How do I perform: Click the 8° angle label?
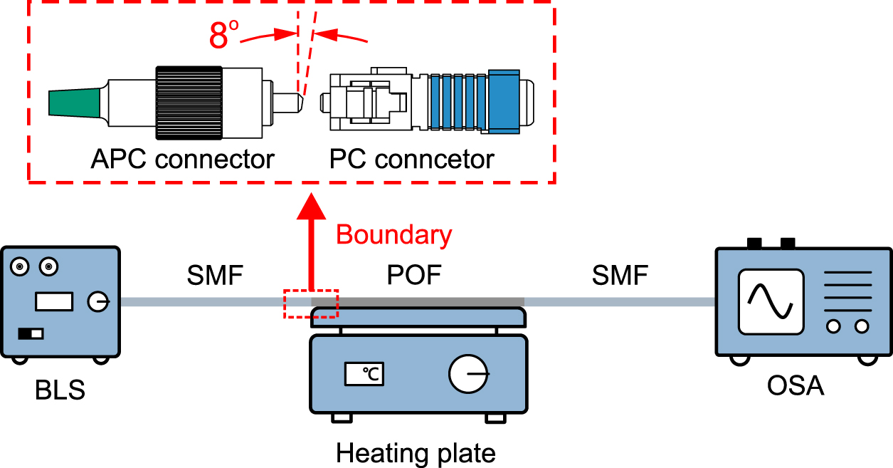coord(223,36)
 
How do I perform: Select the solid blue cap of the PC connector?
coord(504,101)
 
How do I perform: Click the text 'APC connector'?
coord(182,159)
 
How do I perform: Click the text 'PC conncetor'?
coord(411,159)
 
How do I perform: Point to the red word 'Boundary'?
coord(393,235)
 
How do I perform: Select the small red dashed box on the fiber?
coord(311,303)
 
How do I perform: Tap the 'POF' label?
coord(413,276)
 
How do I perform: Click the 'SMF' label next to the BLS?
coord(215,276)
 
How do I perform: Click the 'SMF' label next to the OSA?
coord(620,276)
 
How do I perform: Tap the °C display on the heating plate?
coord(364,373)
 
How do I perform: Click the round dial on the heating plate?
coord(469,373)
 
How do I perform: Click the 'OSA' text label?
coord(795,386)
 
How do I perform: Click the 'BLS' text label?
coord(60,390)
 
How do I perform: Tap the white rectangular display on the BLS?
coord(54,302)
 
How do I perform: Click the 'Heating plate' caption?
coord(416,453)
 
